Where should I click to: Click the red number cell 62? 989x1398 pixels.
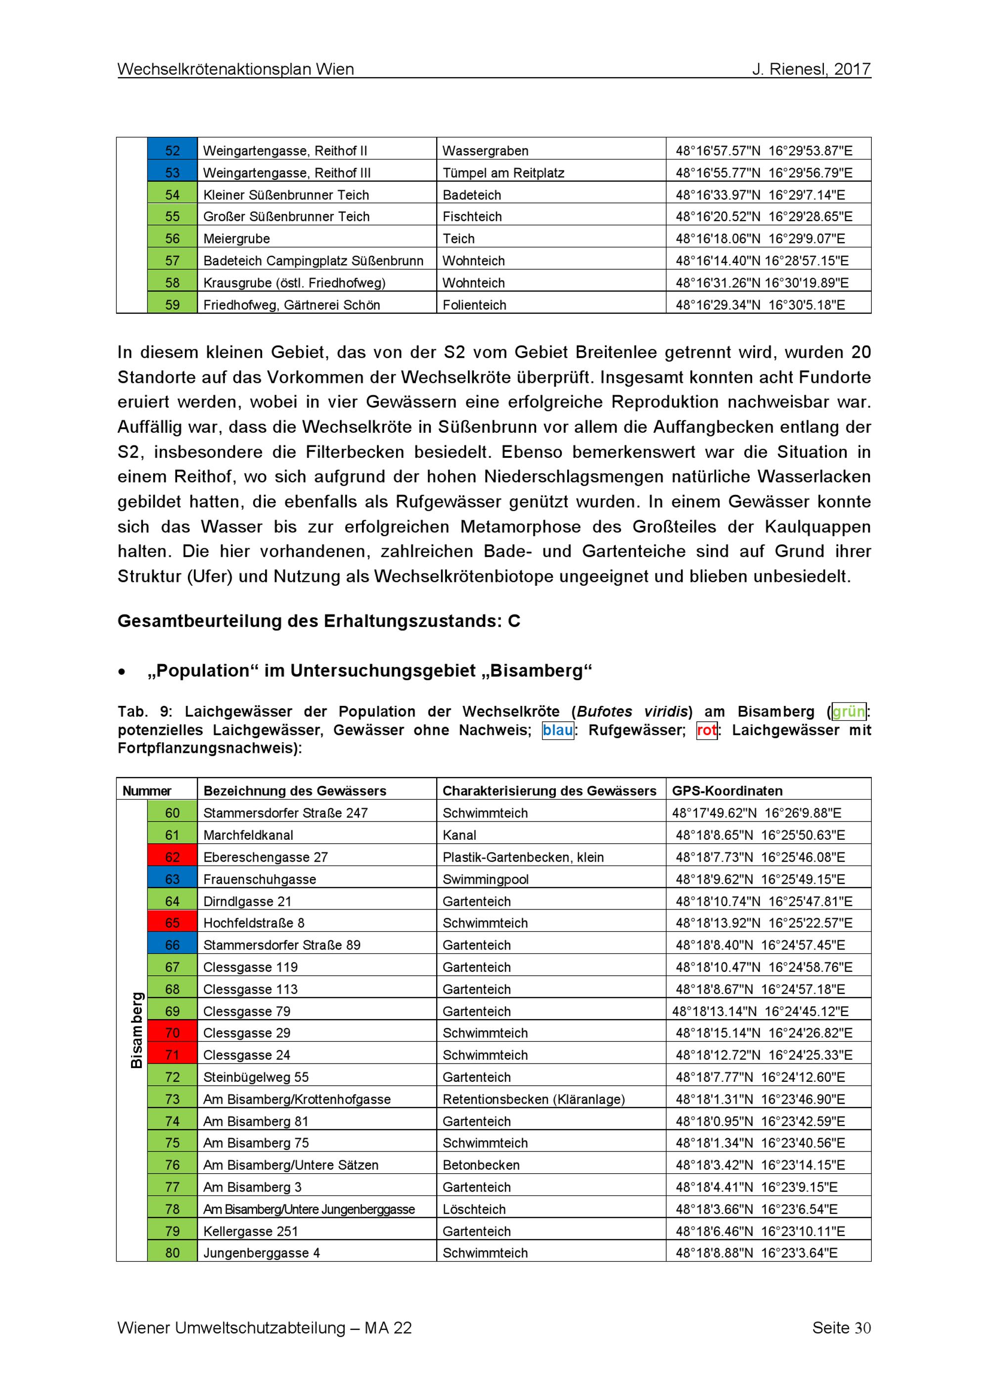[x=173, y=857]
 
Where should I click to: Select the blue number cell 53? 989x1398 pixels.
[x=173, y=173]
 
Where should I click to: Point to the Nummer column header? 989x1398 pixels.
[x=147, y=790]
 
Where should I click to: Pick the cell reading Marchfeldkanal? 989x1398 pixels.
[x=248, y=835]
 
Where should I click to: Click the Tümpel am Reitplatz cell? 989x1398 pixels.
[x=503, y=173]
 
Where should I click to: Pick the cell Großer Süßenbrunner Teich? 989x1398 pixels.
[x=286, y=217]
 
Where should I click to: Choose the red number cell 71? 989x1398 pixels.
[x=173, y=1055]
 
